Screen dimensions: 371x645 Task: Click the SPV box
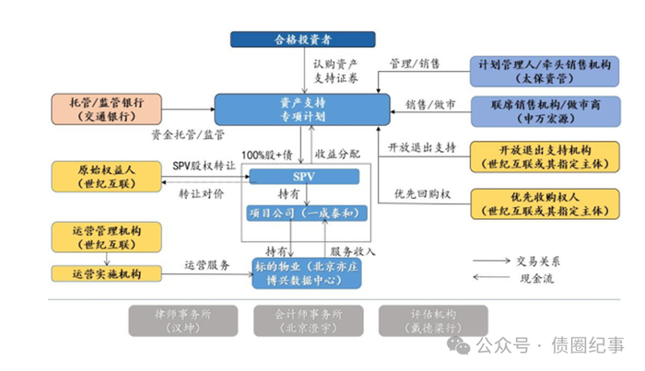pos(303,176)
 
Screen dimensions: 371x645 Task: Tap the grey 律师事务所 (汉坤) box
pos(185,319)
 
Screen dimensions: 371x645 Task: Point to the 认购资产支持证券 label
pos(334,70)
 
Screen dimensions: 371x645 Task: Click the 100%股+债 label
pos(266,153)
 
